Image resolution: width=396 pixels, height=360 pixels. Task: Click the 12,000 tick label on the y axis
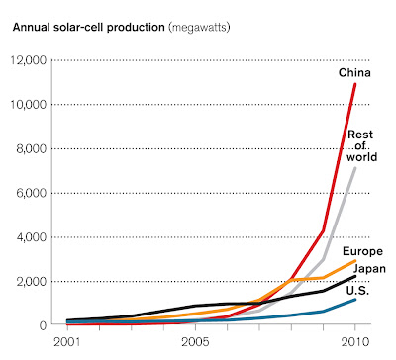tap(28, 60)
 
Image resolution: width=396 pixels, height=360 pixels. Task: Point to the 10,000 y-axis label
tap(28, 105)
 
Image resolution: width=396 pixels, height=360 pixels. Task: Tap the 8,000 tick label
tap(31, 148)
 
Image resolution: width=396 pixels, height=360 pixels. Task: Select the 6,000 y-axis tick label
tap(31, 193)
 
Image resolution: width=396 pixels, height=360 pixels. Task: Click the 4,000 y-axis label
tap(31, 237)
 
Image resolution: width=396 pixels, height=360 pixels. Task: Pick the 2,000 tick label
tap(31, 281)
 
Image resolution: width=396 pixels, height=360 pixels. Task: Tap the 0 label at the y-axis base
tap(43, 325)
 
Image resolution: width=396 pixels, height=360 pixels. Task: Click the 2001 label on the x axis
tap(67, 342)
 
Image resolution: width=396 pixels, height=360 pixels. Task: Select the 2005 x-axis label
tap(195, 342)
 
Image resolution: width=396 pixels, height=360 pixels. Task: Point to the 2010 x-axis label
tap(355, 342)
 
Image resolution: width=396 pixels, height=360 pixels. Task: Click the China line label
tap(354, 72)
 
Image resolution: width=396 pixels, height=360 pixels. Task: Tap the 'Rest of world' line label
tap(361, 145)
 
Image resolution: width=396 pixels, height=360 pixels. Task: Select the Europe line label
tap(362, 252)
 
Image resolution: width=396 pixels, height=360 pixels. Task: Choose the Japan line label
tap(369, 269)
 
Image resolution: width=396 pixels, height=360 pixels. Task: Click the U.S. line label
tap(357, 291)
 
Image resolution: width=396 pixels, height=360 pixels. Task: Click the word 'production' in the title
tap(136, 27)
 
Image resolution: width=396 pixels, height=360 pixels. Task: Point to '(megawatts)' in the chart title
tap(199, 27)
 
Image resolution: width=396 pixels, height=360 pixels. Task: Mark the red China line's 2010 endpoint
tap(355, 84)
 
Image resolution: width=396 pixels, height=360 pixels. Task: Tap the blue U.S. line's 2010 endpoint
tap(355, 300)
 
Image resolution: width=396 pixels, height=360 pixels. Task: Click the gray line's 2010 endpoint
tap(355, 168)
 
